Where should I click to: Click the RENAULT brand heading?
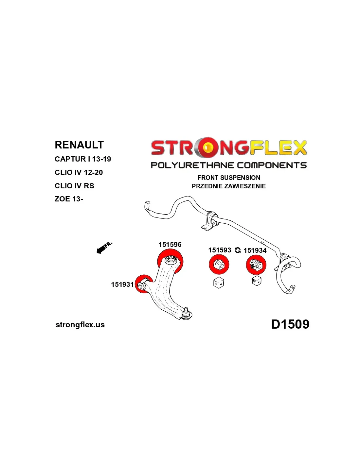tap(79, 145)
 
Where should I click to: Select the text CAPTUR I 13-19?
tap(83, 159)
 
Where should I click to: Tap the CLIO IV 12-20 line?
tap(79, 173)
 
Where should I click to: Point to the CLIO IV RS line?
tap(74, 186)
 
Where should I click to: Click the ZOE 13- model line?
tap(69, 199)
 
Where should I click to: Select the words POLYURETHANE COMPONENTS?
tap(228, 165)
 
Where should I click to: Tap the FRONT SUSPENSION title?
tap(228, 178)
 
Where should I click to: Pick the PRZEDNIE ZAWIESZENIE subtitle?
tap(228, 186)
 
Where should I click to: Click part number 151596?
tap(170, 245)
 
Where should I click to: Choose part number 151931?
tap(122, 284)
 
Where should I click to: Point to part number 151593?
tap(220, 250)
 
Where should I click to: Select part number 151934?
tap(255, 250)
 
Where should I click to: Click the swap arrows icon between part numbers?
tap(238, 250)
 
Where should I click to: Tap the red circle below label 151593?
tap(219, 265)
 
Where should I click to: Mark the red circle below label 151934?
tap(256, 265)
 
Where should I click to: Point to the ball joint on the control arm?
tap(187, 313)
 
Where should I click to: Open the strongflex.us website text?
tap(80, 325)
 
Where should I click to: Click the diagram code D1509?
tap(290, 324)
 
